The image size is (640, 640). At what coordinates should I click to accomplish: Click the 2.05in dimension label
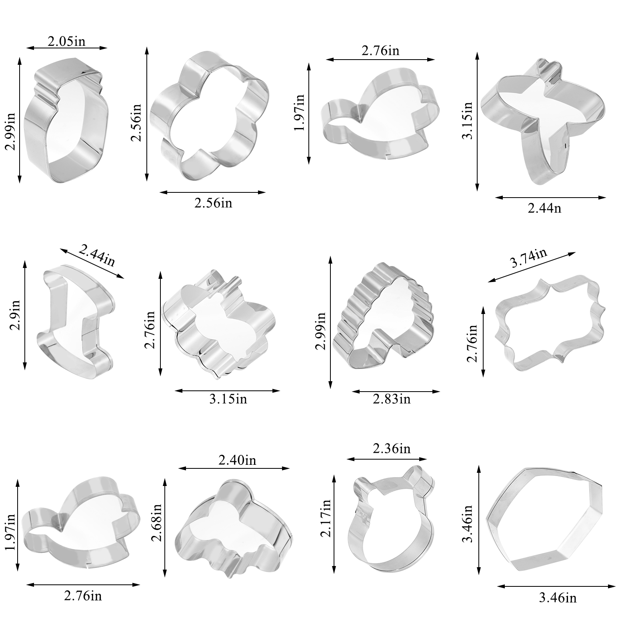66,41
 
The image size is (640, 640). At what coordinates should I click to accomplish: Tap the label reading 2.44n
544,208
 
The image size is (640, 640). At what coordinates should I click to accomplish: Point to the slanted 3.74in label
529,258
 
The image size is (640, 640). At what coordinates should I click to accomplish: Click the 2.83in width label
392,399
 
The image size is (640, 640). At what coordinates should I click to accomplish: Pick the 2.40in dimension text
237,460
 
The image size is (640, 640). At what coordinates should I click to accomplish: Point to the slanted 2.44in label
97,256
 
